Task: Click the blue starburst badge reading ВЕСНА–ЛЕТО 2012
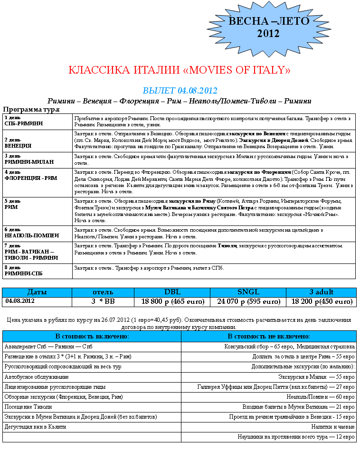(x=269, y=28)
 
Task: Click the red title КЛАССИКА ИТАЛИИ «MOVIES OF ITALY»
(x=180, y=70)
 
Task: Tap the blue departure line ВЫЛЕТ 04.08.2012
(x=180, y=90)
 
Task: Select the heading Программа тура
(x=31, y=110)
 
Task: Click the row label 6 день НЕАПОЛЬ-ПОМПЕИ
(x=31, y=232)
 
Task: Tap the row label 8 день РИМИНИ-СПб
(x=23, y=271)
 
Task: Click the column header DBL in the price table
(x=172, y=292)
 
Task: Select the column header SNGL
(x=248, y=292)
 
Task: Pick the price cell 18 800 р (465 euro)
(x=172, y=301)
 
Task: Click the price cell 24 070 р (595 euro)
(x=248, y=301)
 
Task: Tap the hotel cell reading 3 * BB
(x=103, y=301)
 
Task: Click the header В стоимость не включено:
(x=268, y=336)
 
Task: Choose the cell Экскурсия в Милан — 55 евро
(x=316, y=376)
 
